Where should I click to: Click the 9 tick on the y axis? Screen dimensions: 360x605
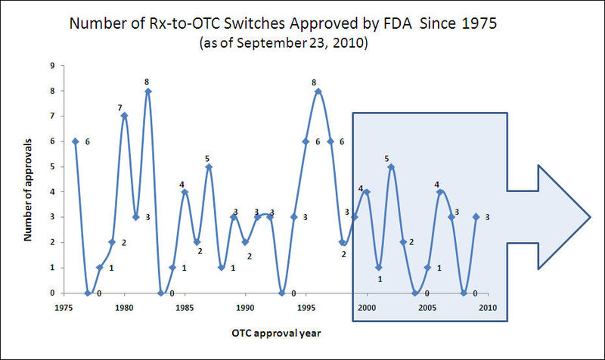coord(51,65)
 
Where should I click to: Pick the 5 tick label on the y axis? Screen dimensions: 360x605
coord(51,166)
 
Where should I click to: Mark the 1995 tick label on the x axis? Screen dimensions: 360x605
coord(306,309)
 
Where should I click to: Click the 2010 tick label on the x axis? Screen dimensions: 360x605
coord(488,309)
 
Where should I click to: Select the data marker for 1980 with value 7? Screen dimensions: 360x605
coord(124,116)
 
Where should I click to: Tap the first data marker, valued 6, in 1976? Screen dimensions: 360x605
coord(75,141)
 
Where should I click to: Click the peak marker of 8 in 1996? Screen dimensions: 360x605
coord(318,91)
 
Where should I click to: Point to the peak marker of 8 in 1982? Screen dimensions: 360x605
coord(148,91)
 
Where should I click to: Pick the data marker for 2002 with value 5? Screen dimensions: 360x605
coord(391,166)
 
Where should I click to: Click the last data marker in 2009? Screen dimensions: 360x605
coord(476,217)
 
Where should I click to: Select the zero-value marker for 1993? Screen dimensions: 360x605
coord(281,293)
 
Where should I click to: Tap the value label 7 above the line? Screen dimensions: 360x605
coord(119,107)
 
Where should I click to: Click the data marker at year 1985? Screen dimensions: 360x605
coord(185,191)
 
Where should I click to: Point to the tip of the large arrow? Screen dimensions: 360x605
coord(590,217)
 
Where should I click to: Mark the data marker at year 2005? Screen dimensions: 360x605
coord(427,267)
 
